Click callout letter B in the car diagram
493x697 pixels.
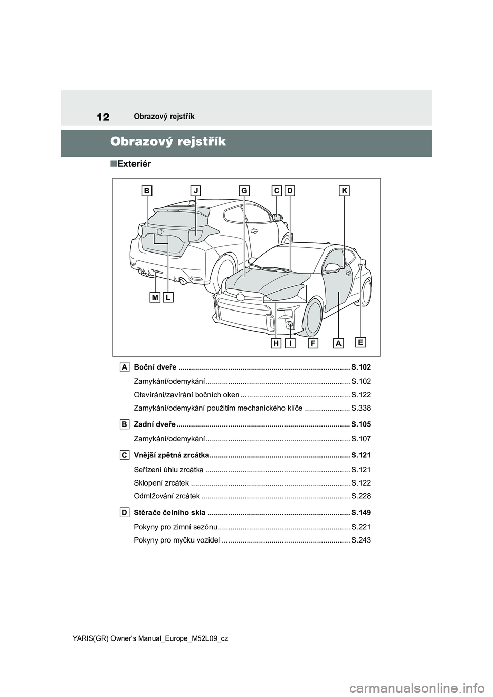147,191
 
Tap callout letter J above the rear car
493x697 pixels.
196,191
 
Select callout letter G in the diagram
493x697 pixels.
243,191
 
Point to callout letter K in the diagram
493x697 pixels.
344,191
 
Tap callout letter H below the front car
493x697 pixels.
276,343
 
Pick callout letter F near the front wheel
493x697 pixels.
313,343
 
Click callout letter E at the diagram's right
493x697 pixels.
361,342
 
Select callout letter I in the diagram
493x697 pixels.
290,343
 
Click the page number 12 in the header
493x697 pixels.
103,117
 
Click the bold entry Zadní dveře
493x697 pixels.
154,424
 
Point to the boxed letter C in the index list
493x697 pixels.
125,455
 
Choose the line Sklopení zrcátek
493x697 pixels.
161,483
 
